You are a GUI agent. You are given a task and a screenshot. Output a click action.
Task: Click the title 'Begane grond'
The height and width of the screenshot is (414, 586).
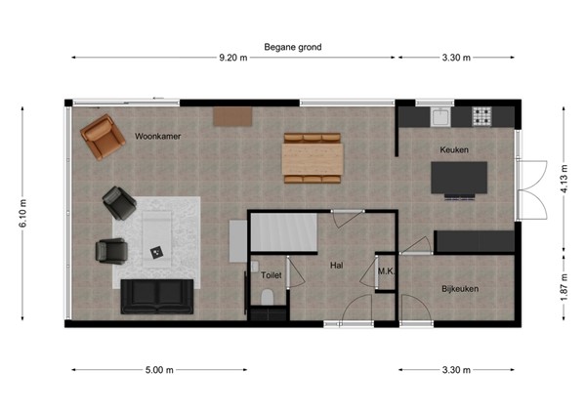tap(292, 46)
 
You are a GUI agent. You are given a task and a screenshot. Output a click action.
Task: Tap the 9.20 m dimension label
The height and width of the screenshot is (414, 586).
tap(233, 58)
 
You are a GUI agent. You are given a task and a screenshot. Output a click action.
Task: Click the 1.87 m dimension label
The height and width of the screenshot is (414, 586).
tap(564, 290)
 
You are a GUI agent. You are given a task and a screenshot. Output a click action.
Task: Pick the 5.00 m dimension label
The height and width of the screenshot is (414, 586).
tap(159, 370)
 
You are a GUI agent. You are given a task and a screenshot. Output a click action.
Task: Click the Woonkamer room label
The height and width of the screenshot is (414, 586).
tap(159, 137)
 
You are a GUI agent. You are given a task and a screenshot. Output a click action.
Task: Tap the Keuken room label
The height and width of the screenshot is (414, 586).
tap(454, 149)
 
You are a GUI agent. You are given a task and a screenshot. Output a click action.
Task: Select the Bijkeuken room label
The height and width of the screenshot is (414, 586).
tap(459, 288)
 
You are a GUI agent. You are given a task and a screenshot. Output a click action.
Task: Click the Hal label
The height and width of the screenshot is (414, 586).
tap(336, 264)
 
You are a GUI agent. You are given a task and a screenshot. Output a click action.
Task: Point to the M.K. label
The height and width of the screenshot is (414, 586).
tap(385, 272)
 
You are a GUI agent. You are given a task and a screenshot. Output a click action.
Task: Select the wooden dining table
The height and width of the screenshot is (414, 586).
tap(313, 158)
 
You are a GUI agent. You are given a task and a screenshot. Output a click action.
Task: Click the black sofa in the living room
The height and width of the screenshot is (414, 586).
tap(156, 295)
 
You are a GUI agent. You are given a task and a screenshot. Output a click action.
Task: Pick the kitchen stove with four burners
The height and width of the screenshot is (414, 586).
tap(482, 117)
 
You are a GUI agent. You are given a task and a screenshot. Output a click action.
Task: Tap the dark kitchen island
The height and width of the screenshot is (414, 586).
tap(459, 179)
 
